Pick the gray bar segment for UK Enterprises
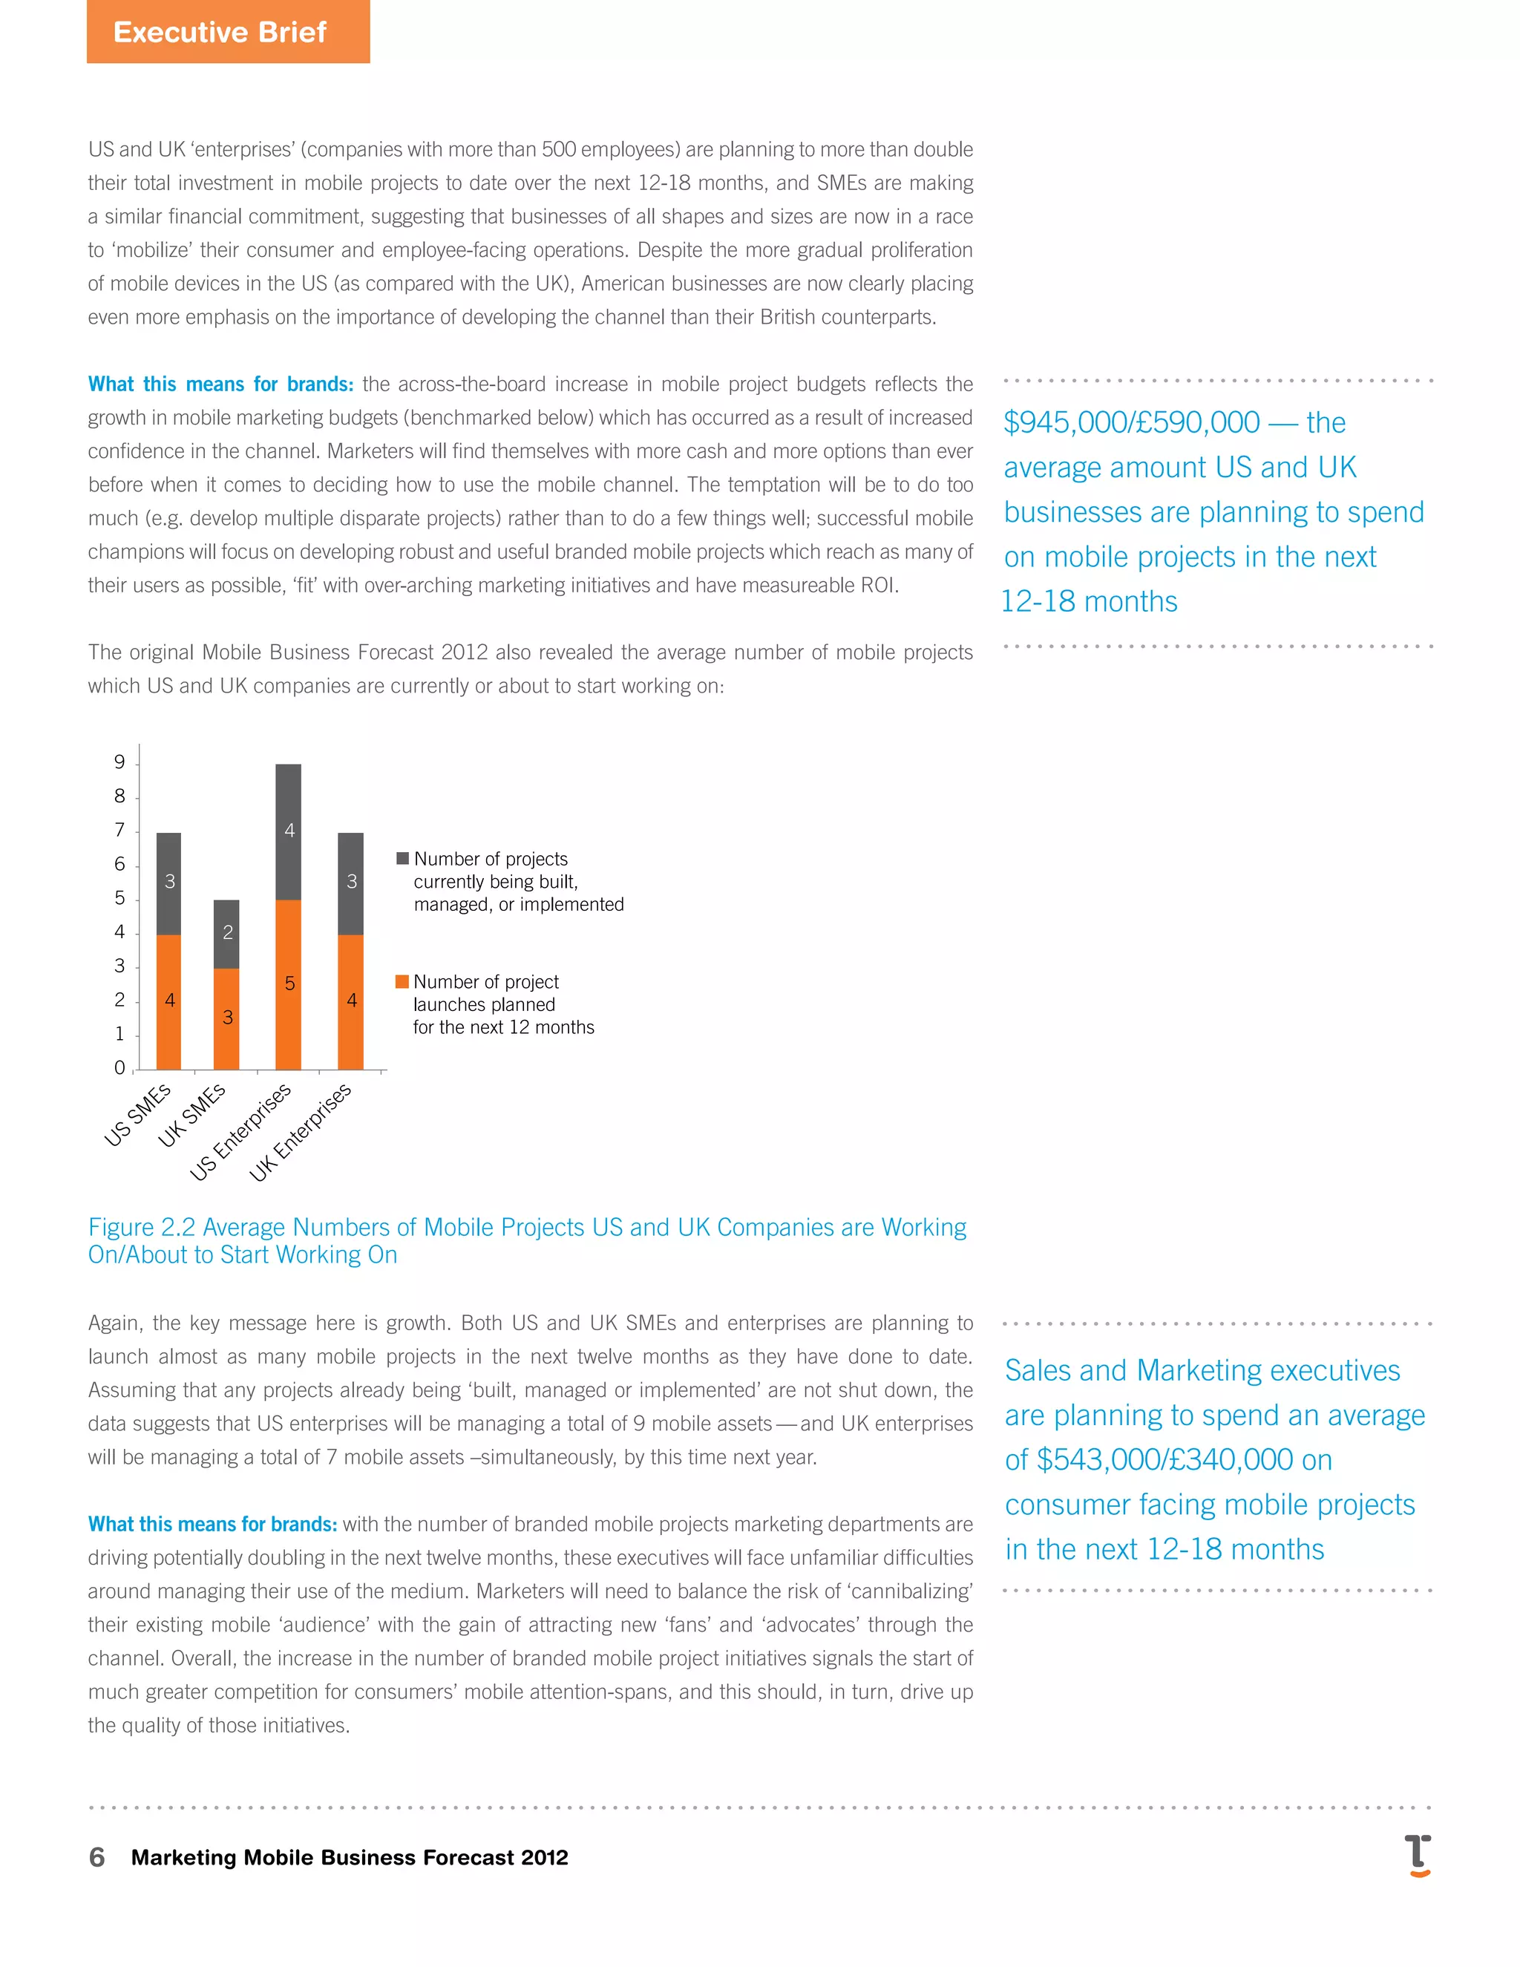point(351,883)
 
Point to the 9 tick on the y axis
point(119,763)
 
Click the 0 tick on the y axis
point(119,1068)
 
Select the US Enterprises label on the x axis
point(241,1131)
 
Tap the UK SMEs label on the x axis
point(191,1115)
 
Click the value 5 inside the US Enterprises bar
point(289,983)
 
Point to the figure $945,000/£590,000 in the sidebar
point(1131,422)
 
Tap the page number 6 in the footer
point(96,1857)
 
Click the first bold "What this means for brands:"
point(220,384)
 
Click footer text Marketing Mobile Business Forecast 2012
point(350,1857)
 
